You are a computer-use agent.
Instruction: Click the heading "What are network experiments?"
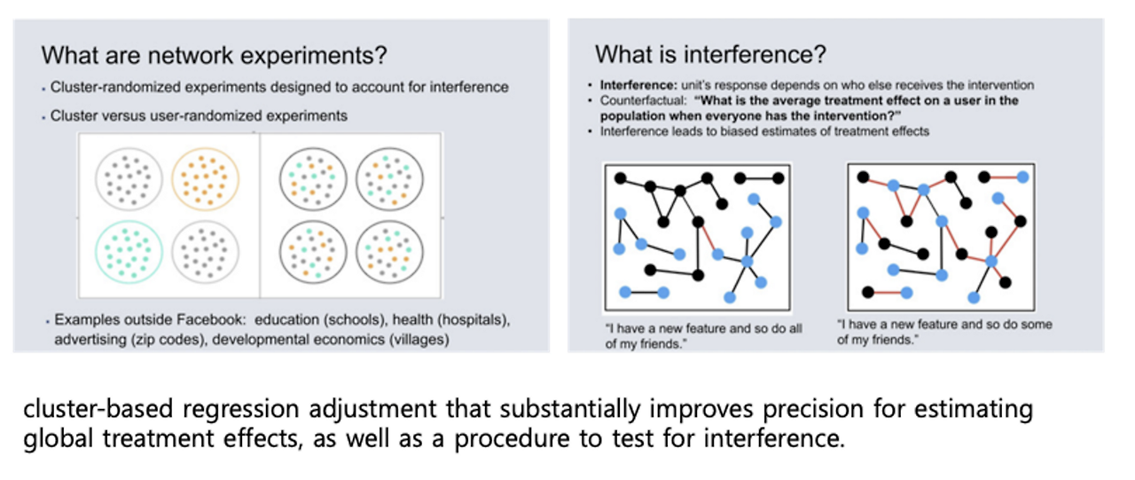coord(214,55)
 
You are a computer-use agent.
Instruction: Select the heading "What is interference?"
coord(710,54)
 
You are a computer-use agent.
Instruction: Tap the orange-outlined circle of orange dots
coord(205,179)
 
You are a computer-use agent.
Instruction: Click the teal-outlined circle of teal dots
coord(129,251)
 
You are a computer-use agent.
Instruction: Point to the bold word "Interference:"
coord(638,85)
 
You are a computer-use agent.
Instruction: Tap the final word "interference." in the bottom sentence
coord(774,438)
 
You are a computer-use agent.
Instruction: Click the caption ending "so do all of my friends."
coord(703,336)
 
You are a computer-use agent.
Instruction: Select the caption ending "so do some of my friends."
coord(944,332)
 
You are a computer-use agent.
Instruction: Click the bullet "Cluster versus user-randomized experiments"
coord(199,116)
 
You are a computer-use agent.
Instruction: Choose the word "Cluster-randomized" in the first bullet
coord(115,87)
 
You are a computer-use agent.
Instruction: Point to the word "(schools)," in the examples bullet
coord(356,319)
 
